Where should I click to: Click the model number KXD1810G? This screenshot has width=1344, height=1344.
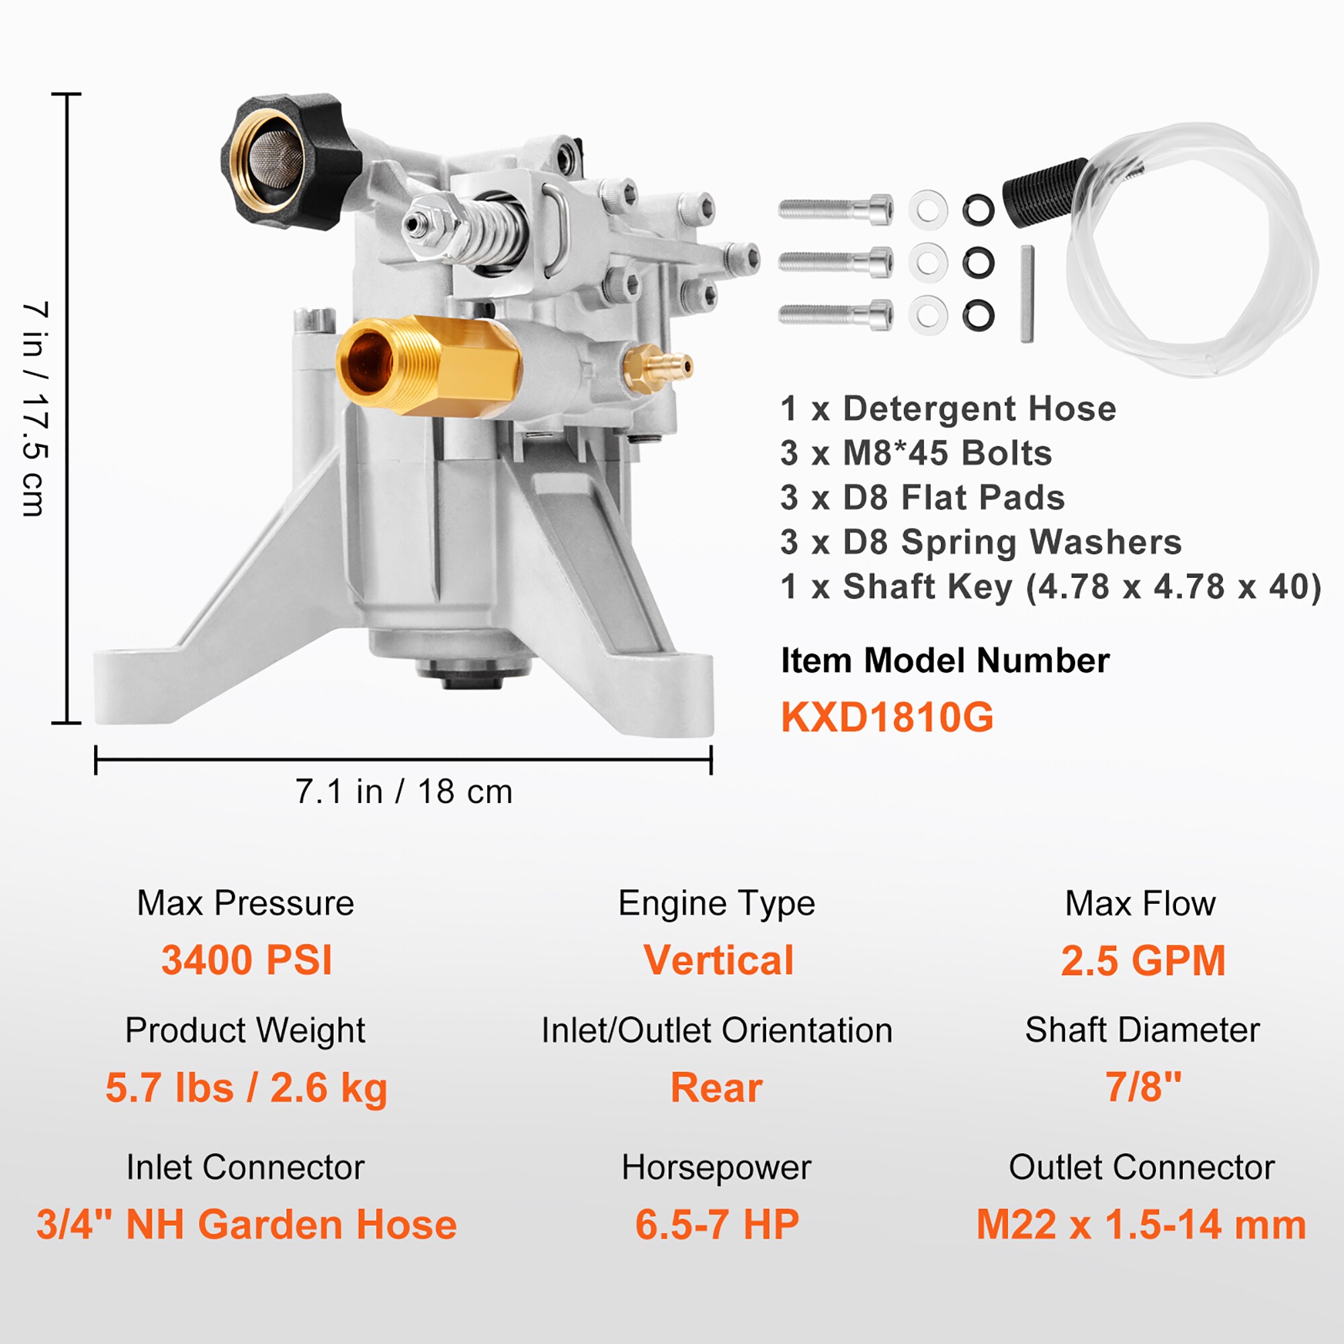point(887,717)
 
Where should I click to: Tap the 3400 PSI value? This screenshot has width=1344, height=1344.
point(247,961)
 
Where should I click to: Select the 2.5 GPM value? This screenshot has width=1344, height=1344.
point(1142,961)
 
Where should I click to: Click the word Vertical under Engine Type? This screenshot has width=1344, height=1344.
point(718,961)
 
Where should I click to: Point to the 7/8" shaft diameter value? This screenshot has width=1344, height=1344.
point(1143,1087)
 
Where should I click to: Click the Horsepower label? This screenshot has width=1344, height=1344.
point(716,1167)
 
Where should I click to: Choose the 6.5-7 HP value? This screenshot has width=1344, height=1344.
point(716,1225)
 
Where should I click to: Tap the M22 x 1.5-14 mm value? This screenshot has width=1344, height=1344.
point(1141,1225)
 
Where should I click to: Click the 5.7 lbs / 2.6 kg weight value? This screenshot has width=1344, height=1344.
point(246,1088)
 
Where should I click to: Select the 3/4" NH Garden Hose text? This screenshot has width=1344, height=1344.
point(246,1225)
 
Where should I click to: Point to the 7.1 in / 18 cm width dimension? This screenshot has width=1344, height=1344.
point(403,792)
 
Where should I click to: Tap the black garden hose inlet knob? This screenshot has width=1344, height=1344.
point(285,161)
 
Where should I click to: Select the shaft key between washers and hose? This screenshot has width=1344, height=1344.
point(1027,294)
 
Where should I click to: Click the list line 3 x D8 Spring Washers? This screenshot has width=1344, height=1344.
point(981,542)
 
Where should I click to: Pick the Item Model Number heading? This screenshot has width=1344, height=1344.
point(945,660)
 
